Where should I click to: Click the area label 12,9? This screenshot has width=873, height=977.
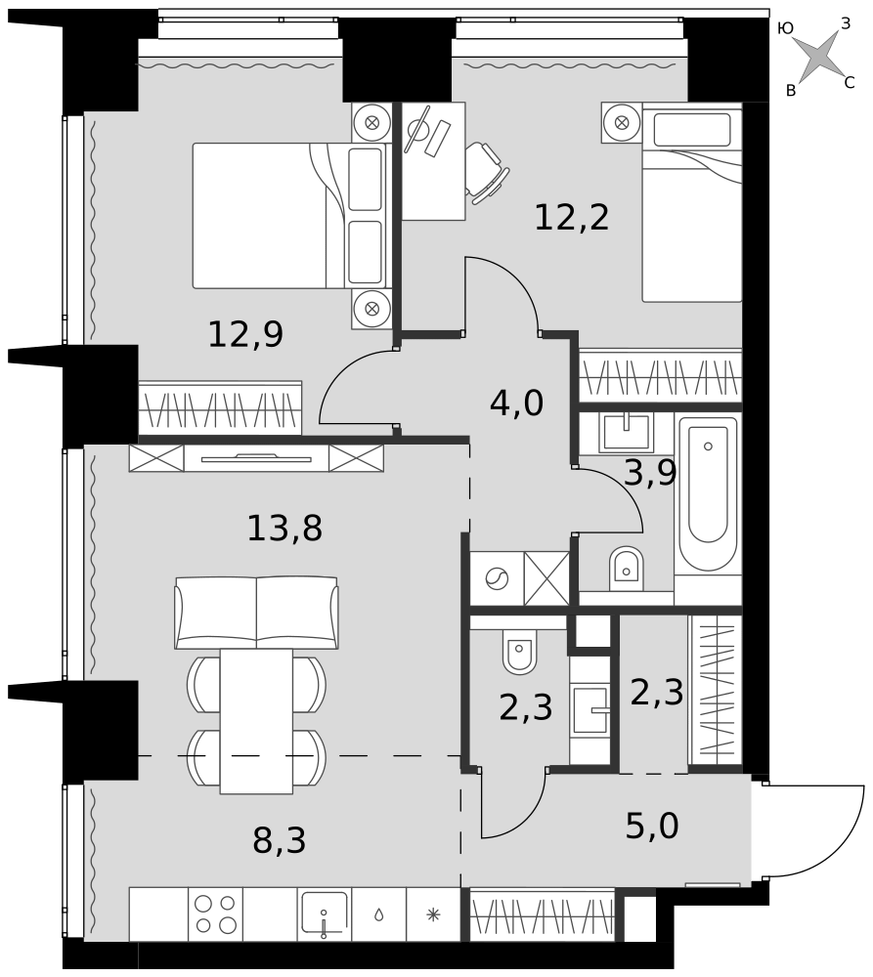click(245, 334)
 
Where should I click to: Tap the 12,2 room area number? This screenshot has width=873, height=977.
click(572, 218)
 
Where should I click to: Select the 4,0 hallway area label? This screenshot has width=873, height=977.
click(517, 404)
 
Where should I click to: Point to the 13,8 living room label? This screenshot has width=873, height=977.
click(284, 529)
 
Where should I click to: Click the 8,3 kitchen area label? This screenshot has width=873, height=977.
click(280, 840)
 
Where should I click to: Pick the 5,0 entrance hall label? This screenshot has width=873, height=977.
click(652, 827)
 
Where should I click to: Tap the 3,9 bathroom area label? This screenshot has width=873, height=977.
click(650, 474)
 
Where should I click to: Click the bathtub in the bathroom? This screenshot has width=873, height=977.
click(708, 493)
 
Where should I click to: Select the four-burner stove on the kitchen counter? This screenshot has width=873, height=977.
click(215, 913)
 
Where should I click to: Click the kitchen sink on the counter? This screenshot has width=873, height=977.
click(325, 914)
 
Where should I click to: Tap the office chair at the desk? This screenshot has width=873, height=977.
click(487, 173)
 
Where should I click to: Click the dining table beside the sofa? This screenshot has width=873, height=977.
click(256, 722)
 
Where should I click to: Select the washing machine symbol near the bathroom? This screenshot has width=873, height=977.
click(497, 578)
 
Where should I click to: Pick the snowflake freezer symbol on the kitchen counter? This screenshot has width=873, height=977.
click(433, 914)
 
